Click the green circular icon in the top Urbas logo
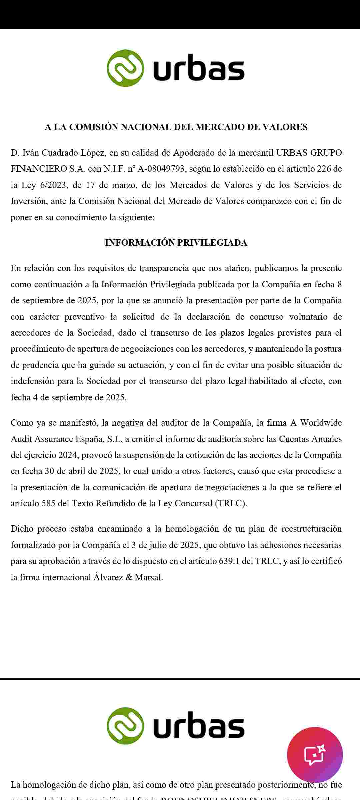coord(125,68)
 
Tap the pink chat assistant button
coord(315,755)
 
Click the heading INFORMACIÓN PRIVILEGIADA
coord(176,243)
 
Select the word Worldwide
coord(321,423)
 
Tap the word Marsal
coord(148,577)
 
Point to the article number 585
coord(48,503)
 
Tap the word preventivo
coord(84,317)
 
